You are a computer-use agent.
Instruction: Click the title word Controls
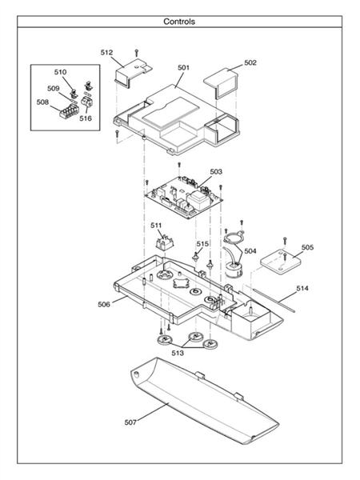[178, 22]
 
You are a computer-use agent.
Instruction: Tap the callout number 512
[106, 52]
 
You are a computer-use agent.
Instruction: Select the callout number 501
[182, 68]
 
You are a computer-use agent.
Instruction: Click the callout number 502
[250, 62]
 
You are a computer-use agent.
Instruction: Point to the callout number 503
[216, 171]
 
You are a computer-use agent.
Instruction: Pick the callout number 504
[250, 250]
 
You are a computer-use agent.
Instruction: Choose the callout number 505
[307, 247]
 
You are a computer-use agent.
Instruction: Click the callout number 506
[104, 304]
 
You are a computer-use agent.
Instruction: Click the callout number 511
[156, 226]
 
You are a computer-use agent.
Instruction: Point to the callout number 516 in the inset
[86, 118]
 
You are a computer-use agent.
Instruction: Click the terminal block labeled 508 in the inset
[67, 110]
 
